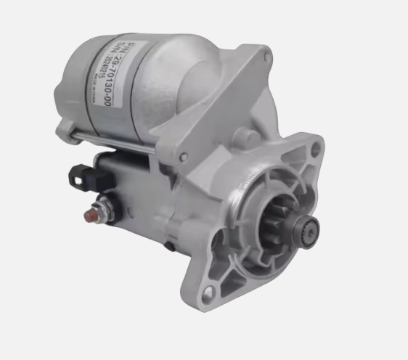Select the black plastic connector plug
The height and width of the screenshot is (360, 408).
[81, 175]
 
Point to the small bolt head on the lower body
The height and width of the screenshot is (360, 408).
[168, 246]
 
